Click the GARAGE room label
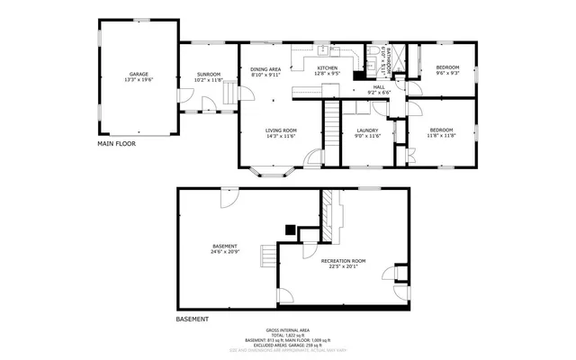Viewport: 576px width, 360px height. pos(138,74)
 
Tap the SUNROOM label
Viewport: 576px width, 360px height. pos(208,74)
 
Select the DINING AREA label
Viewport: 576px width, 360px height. pos(265,69)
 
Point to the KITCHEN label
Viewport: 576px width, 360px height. pos(327,68)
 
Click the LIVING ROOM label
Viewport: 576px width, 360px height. pos(281,130)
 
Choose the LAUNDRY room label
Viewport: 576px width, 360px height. pos(366,130)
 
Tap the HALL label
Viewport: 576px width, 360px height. pos(379,86)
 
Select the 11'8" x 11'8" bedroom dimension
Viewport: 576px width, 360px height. pos(441,136)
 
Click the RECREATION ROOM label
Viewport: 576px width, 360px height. pos(343,260)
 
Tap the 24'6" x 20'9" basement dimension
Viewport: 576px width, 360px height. pos(225,252)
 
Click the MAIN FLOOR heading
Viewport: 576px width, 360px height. pos(116,143)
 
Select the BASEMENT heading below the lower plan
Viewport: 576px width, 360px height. pos(192,319)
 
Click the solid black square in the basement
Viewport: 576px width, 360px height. pos(290,229)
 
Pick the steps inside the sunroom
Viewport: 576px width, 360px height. pos(229,94)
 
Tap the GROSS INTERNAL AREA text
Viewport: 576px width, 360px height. pos(288,330)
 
